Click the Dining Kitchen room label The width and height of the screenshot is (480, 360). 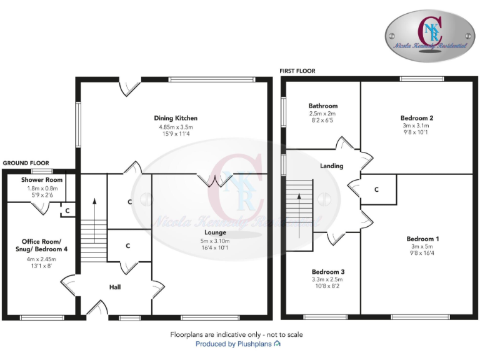176,117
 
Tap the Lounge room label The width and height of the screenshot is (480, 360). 215,232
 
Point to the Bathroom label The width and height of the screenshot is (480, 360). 322,106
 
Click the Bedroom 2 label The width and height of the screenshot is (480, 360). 417,117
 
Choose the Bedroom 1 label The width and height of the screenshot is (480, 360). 423,239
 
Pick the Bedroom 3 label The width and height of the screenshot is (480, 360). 328,272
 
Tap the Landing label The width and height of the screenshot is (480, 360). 331,166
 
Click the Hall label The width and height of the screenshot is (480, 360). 115,287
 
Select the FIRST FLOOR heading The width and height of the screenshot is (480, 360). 297,71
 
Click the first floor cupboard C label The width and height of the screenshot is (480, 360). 376,189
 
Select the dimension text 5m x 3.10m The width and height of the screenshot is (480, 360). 215,241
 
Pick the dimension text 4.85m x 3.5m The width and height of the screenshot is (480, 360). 176,127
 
